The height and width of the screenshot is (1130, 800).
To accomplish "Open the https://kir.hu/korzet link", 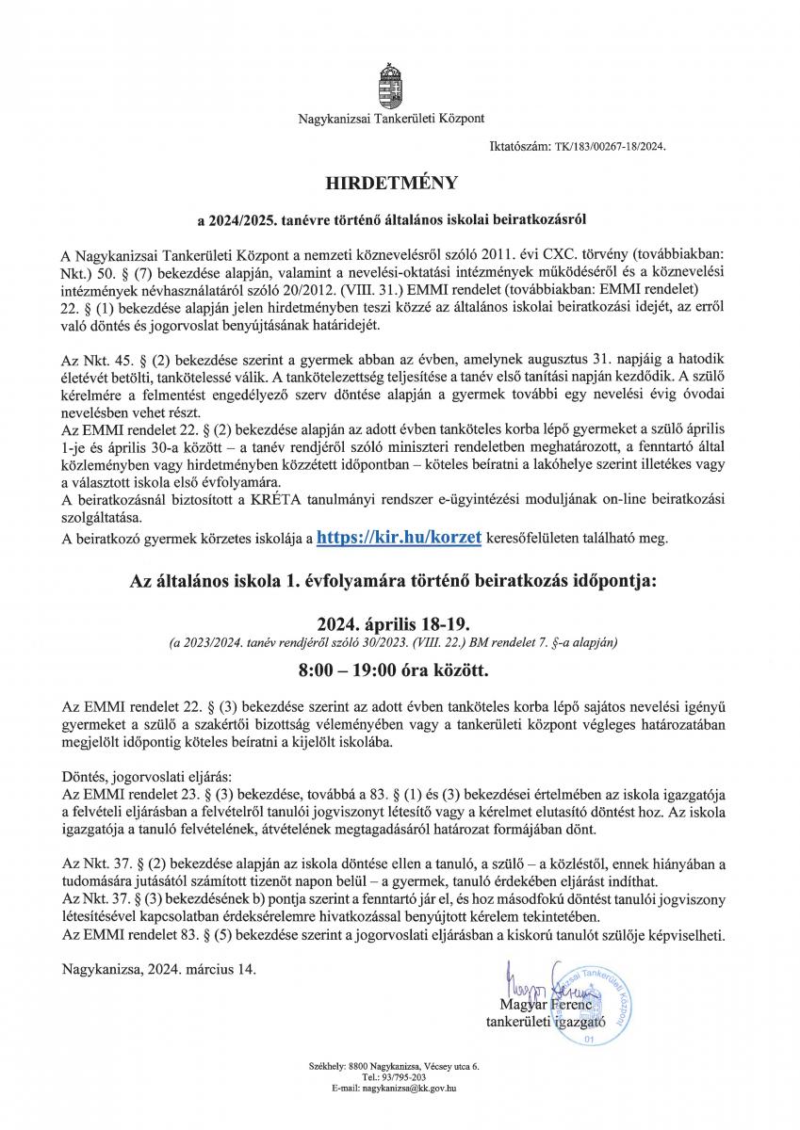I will tap(400, 538).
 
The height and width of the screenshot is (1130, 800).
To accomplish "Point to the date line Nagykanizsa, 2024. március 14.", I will tap(157, 967).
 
